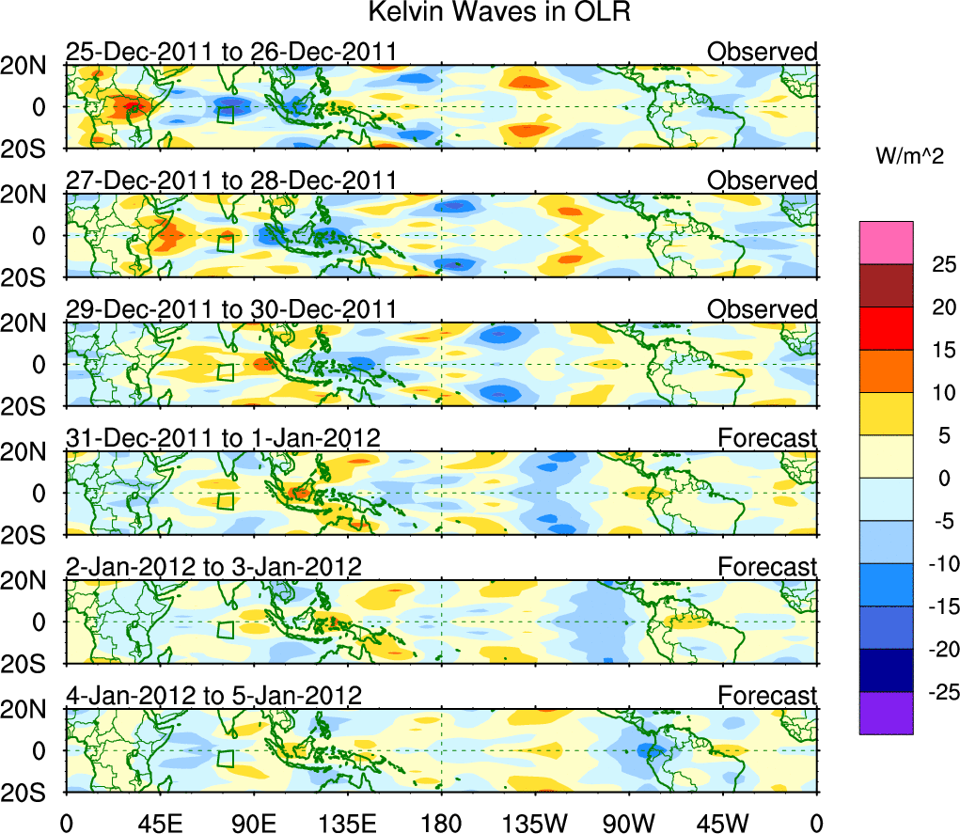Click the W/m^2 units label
[x=910, y=156]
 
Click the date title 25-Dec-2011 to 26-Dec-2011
[x=230, y=52]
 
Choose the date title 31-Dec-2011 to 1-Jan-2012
[x=223, y=437]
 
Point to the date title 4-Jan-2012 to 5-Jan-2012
[x=214, y=696]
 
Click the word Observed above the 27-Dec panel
[x=762, y=181]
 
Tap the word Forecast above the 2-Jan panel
[x=767, y=567]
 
